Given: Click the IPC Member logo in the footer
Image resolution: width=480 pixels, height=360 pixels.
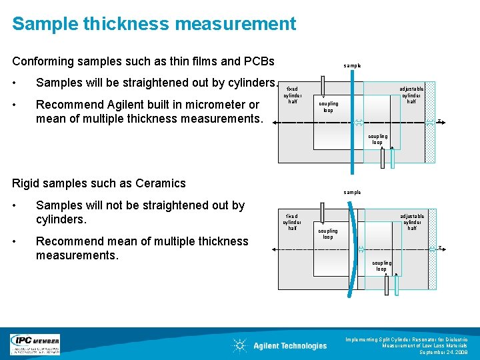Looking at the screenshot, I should pos(35,344).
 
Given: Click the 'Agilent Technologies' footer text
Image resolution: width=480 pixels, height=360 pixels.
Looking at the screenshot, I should pos(290,345).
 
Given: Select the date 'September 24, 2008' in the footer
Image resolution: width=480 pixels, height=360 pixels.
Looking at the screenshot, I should pos(447,352).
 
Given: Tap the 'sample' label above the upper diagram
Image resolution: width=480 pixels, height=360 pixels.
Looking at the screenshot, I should pos(352,66).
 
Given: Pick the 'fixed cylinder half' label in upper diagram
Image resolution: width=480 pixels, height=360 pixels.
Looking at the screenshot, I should pos(292,95).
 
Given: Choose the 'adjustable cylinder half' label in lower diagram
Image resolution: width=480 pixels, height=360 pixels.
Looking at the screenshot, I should pos(412,222).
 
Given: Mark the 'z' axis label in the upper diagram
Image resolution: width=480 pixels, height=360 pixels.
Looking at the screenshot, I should pos(440,121).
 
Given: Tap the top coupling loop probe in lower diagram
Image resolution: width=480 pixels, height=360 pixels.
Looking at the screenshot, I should pos(323,215).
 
